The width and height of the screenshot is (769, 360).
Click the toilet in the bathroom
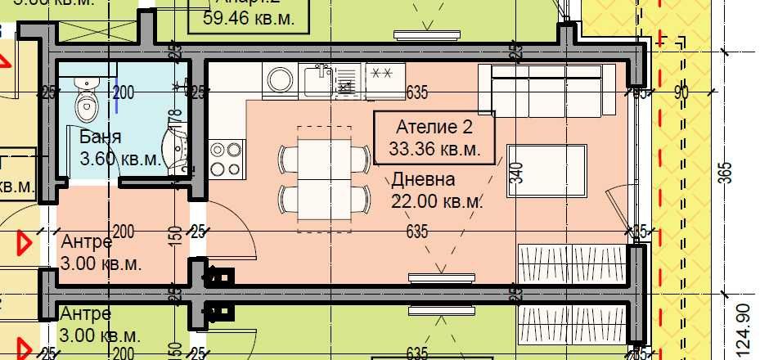point(85,98)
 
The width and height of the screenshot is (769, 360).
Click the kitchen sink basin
point(317,80)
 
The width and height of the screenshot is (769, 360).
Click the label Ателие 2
point(434,128)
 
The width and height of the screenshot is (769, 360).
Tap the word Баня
point(101,137)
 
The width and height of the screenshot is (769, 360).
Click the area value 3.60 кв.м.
point(120,159)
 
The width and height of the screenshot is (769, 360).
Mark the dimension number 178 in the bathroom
point(173,123)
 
